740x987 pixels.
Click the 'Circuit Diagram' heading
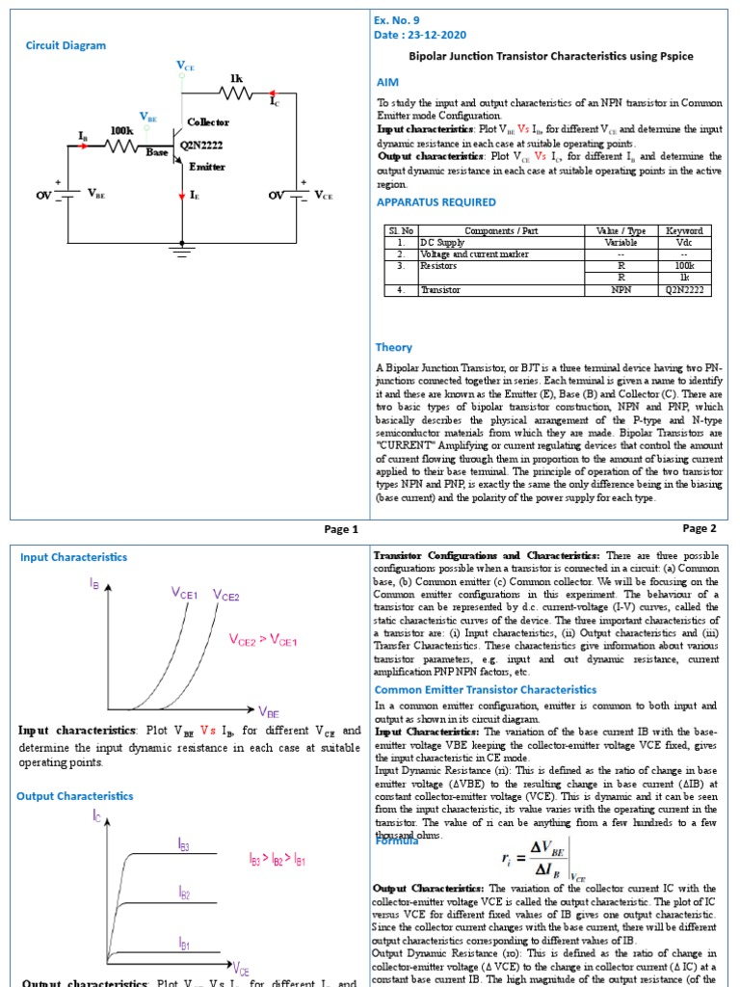click(66, 45)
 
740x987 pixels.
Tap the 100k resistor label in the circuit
click(122, 130)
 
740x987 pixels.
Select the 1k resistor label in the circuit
click(236, 77)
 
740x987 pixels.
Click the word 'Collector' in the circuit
click(208, 122)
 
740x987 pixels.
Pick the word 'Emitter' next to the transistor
click(206, 167)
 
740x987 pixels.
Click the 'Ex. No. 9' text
click(396, 20)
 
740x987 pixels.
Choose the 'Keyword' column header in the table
click(684, 231)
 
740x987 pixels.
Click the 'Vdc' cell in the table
click(684, 243)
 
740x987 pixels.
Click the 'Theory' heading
click(393, 347)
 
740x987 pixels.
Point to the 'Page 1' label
click(341, 529)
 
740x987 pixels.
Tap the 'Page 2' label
click(700, 528)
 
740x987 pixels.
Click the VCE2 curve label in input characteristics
click(225, 596)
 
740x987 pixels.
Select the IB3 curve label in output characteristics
click(184, 844)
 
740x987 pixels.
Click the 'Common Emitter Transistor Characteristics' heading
click(485, 690)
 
